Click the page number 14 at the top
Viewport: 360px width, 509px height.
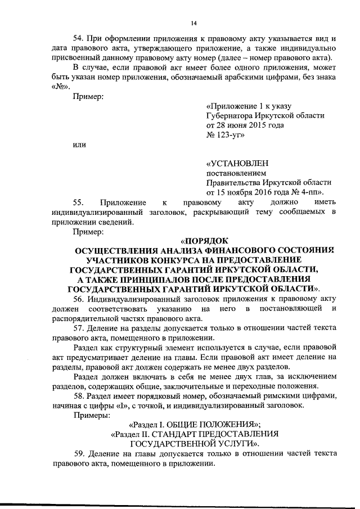point(193,23)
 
